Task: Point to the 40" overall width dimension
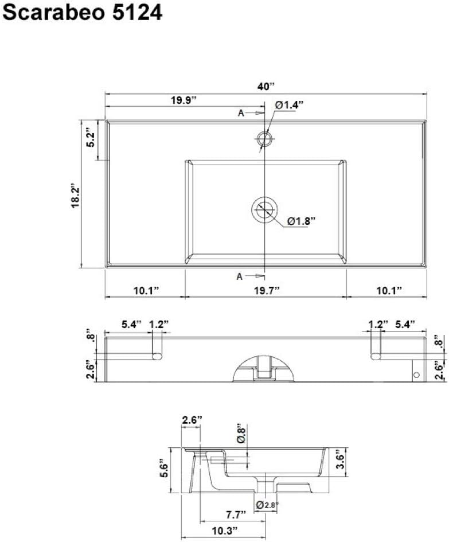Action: [266, 87]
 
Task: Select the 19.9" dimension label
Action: [183, 101]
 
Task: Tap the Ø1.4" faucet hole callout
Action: [288, 104]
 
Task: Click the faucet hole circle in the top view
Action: [264, 138]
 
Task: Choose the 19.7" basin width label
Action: [266, 291]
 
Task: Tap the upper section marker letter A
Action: [241, 113]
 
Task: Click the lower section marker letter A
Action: [240, 277]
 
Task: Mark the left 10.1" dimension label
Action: [146, 291]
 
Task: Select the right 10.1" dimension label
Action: [389, 291]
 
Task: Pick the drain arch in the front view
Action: [264, 366]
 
